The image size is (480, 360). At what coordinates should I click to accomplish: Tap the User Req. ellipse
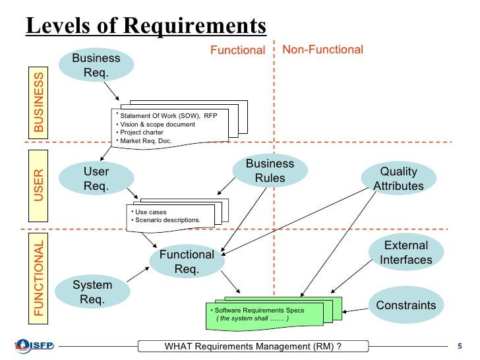click(x=96, y=179)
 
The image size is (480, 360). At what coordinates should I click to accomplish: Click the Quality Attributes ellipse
click(x=398, y=179)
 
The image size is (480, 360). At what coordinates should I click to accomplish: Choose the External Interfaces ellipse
click(x=405, y=253)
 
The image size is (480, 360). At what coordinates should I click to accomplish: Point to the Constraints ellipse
click(x=405, y=305)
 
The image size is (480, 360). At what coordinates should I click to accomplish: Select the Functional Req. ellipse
click(x=186, y=262)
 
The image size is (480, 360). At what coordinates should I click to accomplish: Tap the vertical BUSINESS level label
click(x=40, y=103)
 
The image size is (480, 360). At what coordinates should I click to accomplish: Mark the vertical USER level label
click(x=40, y=185)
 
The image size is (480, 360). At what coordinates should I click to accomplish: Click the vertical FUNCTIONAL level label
click(x=40, y=279)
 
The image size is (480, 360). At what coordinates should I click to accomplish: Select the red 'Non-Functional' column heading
click(x=322, y=49)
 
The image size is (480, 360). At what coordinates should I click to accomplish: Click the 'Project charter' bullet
click(x=141, y=132)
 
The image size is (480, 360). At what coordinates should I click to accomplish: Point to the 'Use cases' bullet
click(x=150, y=212)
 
